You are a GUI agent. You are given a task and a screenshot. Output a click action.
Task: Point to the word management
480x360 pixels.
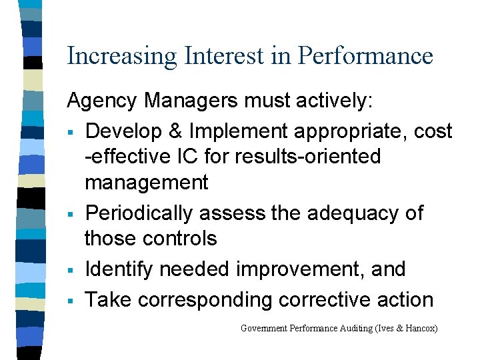pos(147,182)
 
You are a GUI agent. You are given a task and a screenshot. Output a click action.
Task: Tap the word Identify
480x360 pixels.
pos(118,269)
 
